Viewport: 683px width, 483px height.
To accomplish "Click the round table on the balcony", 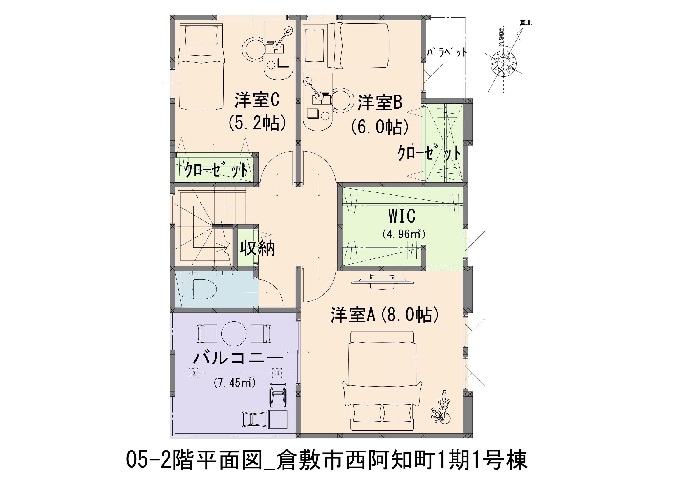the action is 234,334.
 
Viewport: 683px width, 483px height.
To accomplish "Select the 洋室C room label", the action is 257,100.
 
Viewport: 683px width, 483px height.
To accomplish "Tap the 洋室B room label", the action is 380,102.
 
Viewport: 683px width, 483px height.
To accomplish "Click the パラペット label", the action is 446,52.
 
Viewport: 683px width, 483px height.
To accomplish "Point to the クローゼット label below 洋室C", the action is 216,171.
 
